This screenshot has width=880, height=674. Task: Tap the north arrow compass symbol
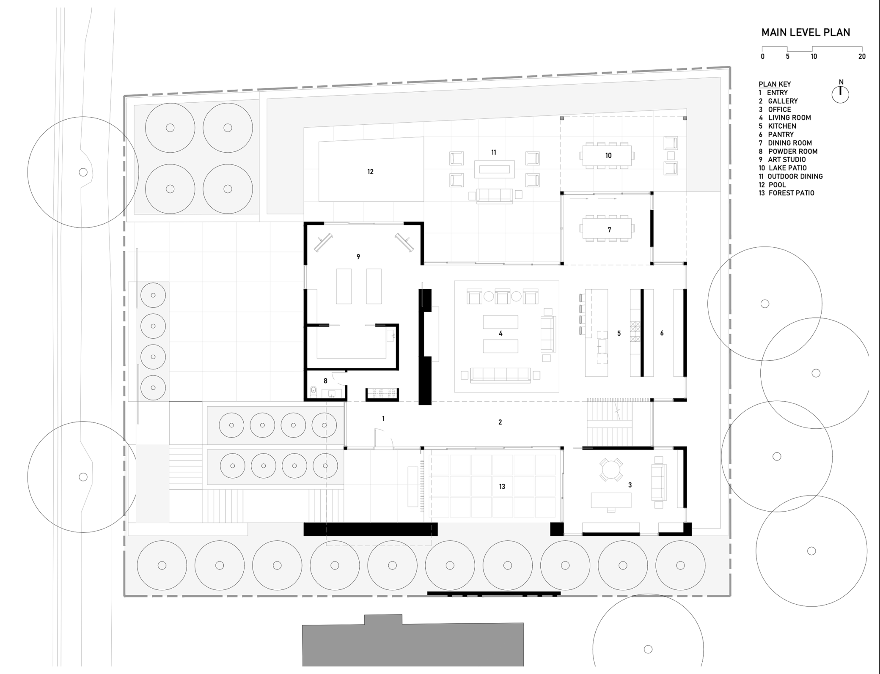pos(840,94)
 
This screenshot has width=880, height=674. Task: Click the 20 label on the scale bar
pos(862,56)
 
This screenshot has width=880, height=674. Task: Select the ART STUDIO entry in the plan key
pos(782,159)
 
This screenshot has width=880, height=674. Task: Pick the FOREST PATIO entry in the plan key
pos(786,193)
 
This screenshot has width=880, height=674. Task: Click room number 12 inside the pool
pos(370,172)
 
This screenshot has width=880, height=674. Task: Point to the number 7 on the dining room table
pos(609,230)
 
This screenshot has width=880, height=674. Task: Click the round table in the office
pos(611,469)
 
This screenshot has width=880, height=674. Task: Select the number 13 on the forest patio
pos(502,487)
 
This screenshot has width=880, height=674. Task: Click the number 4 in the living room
pos(500,334)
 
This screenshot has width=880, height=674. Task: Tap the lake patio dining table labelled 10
pos(608,156)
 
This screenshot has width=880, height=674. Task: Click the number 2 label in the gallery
pos(500,422)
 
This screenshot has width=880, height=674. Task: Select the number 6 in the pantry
pos(662,333)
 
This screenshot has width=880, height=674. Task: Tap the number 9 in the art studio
pos(358,257)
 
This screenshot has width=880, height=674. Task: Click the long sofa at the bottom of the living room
pos(500,375)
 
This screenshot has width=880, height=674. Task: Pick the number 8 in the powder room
pos(325,381)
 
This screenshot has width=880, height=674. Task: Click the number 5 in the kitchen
pos(619,333)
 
